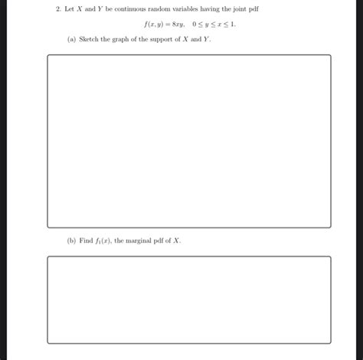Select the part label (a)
click(71, 39)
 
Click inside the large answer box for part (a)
click(188, 141)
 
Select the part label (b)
click(71, 240)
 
